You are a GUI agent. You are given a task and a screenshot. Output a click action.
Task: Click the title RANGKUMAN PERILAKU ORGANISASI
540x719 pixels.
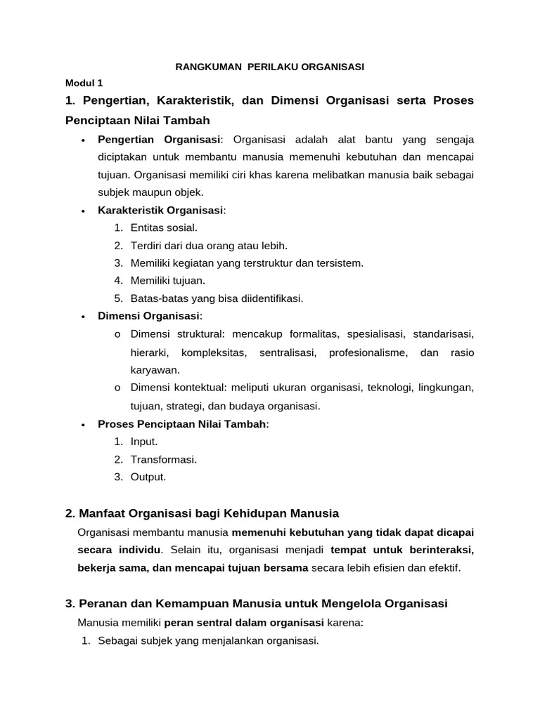[269, 67]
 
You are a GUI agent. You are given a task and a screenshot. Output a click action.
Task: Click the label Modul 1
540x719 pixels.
[84, 83]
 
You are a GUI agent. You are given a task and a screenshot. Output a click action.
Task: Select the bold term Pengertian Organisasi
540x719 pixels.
[160, 138]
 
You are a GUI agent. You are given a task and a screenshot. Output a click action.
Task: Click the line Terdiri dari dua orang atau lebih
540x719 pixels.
[209, 245]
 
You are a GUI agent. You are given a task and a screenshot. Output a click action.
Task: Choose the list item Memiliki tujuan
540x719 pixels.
[167, 281]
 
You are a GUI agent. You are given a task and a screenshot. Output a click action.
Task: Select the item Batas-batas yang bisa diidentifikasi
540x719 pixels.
[217, 298]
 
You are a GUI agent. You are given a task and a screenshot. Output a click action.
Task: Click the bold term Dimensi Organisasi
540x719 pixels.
[149, 316]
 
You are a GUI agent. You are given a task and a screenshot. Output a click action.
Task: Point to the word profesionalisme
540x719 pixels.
[368, 352]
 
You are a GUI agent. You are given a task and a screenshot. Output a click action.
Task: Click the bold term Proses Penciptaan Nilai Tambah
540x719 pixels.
[182, 423]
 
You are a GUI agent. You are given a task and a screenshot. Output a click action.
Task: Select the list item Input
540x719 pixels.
[144, 442]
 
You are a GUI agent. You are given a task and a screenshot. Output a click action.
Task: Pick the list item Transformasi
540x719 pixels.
[163, 459]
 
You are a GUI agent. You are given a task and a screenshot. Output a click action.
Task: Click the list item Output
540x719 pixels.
[148, 477]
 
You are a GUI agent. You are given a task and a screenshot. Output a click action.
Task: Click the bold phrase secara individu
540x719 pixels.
[119, 549]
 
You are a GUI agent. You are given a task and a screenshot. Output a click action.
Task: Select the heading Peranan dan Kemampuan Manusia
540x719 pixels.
[263, 603]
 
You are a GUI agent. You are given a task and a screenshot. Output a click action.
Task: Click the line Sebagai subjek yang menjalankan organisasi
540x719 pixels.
[208, 640]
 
